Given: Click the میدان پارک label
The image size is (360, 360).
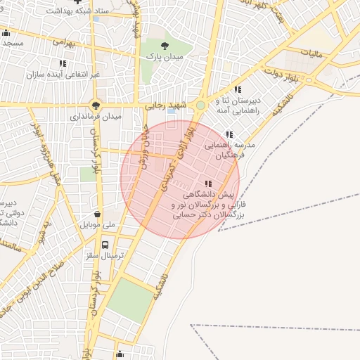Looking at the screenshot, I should tap(165, 56).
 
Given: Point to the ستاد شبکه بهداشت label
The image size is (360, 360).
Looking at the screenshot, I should tap(78, 12).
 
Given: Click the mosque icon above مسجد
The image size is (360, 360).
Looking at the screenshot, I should tap(6, 32).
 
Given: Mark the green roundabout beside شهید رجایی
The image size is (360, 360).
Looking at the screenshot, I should tap(200, 105).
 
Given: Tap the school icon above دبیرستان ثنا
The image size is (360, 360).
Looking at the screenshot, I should tap(238, 89).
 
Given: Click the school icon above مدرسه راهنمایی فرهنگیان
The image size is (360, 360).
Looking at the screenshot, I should tap(229, 134).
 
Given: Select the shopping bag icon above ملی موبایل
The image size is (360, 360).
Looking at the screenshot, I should tap(97, 214).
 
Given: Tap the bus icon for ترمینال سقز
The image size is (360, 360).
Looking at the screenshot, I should tap(105, 245).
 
